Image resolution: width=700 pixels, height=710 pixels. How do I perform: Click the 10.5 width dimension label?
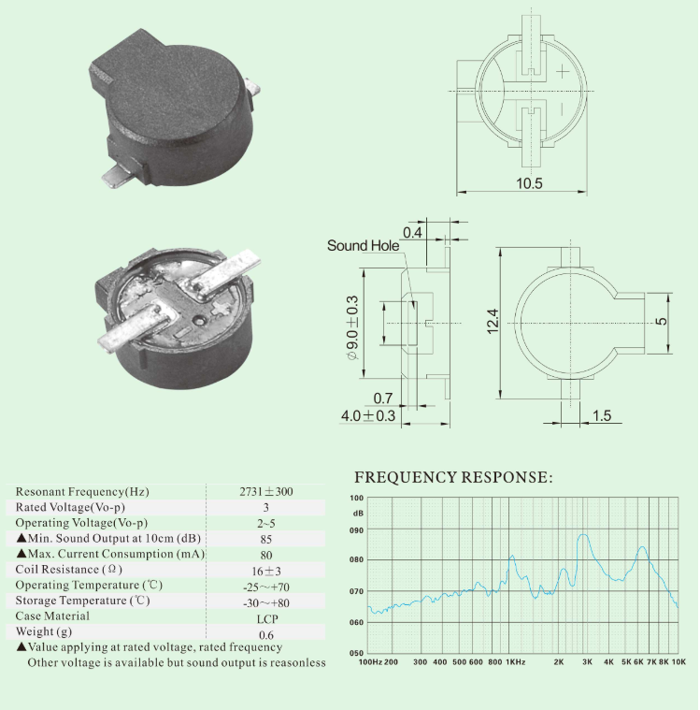click(x=529, y=183)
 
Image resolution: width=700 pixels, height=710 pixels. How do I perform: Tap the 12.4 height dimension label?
click(x=493, y=321)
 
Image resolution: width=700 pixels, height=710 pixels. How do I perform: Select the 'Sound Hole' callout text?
click(x=363, y=245)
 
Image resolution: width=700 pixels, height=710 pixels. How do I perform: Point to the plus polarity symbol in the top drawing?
click(x=562, y=71)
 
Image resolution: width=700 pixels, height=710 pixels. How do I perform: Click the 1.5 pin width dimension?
click(x=601, y=415)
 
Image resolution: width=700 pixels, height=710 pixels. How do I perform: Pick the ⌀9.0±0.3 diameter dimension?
click(x=352, y=327)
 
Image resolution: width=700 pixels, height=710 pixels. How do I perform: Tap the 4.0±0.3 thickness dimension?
click(x=368, y=415)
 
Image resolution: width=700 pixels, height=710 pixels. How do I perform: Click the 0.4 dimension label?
click(x=412, y=232)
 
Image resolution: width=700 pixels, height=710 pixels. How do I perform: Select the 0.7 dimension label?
click(x=383, y=398)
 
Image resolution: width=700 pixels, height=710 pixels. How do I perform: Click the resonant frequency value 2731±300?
click(x=266, y=492)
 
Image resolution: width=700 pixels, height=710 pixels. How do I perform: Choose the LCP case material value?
click(x=267, y=619)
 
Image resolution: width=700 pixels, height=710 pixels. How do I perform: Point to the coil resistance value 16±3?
click(x=266, y=571)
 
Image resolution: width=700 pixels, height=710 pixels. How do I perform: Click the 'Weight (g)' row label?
click(x=43, y=631)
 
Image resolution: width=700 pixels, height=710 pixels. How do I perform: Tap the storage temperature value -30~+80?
click(x=266, y=603)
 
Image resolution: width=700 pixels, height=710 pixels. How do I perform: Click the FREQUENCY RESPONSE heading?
click(x=453, y=477)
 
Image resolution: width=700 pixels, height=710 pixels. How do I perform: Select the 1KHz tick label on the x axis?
click(x=515, y=662)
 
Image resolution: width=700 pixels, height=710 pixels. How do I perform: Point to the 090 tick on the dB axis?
click(x=357, y=530)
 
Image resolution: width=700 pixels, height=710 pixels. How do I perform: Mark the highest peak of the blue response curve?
click(x=583, y=535)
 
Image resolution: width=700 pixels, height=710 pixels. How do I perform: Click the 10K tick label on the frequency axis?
click(x=679, y=662)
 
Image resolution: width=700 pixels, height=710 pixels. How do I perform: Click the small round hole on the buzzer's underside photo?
click(x=198, y=321)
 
